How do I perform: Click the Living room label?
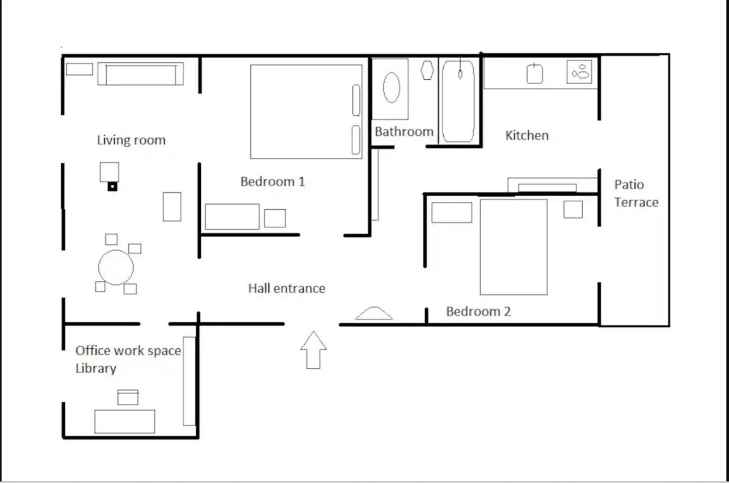tap(131, 140)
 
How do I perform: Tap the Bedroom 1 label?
tap(273, 182)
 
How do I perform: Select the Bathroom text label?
tap(404, 132)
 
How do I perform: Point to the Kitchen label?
tap(527, 135)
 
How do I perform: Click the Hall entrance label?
tap(287, 289)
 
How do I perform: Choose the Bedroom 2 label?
tap(478, 311)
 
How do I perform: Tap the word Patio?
tap(629, 185)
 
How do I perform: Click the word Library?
tap(96, 369)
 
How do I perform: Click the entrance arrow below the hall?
tap(313, 350)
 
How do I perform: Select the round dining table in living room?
tap(116, 267)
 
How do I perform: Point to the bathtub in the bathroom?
tap(458, 101)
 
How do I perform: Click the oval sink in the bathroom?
tap(391, 88)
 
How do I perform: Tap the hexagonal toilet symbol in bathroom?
tap(427, 70)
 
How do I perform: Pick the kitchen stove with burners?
tap(580, 71)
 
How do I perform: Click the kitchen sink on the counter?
tap(535, 74)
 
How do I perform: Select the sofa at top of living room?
tap(141, 74)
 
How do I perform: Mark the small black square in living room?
tap(113, 187)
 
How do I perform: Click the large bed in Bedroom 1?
tap(306, 112)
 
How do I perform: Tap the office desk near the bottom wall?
tap(125, 422)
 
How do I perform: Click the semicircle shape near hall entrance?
tap(374, 313)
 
